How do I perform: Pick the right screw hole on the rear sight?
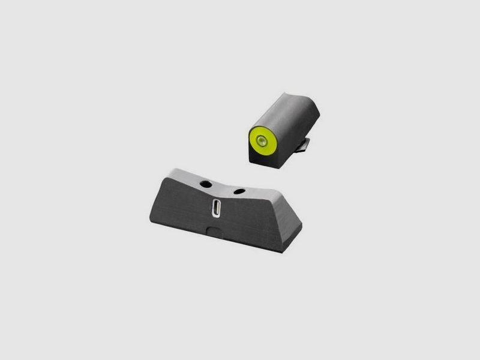tap(238, 191)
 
